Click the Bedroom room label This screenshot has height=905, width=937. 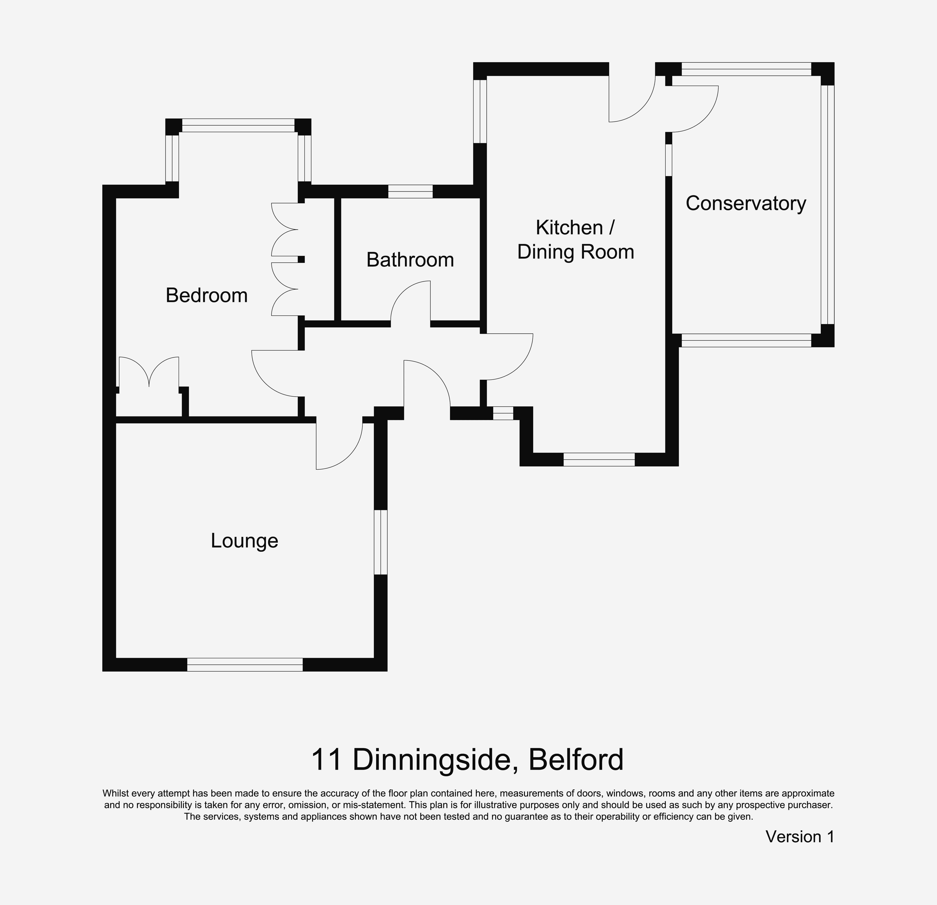pyautogui.click(x=207, y=295)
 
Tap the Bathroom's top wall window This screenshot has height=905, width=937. pyautogui.click(x=410, y=191)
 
